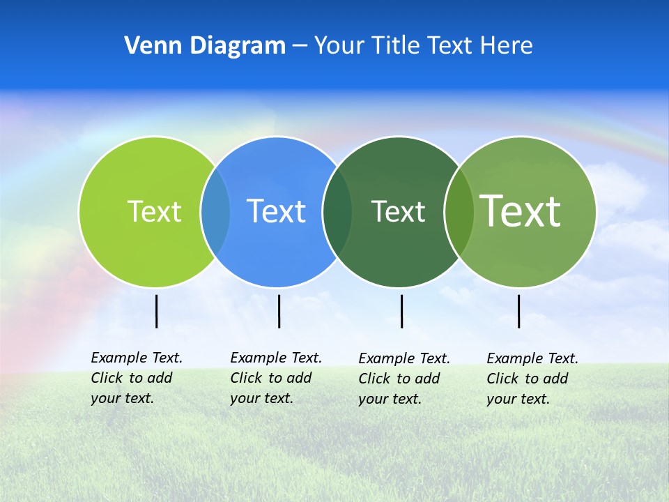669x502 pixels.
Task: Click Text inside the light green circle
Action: tap(154, 211)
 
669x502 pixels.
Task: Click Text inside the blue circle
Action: tap(276, 211)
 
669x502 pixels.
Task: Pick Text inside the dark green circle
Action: tap(398, 211)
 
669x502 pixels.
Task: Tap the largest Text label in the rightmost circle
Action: tap(520, 211)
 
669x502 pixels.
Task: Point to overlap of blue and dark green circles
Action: tap(337, 211)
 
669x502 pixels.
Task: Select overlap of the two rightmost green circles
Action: tap(459, 211)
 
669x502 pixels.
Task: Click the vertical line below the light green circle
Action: tap(156, 311)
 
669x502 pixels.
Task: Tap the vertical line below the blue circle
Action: tap(279, 311)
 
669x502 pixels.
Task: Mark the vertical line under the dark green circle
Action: tap(401, 311)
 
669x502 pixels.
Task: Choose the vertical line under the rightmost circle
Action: tap(518, 311)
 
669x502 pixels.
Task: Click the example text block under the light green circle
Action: tap(136, 378)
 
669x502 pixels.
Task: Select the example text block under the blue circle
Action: tap(275, 378)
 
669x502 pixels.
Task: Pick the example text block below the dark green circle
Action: tap(403, 379)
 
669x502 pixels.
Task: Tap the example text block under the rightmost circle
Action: tap(532, 379)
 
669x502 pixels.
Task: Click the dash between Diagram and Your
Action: tap(300, 47)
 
